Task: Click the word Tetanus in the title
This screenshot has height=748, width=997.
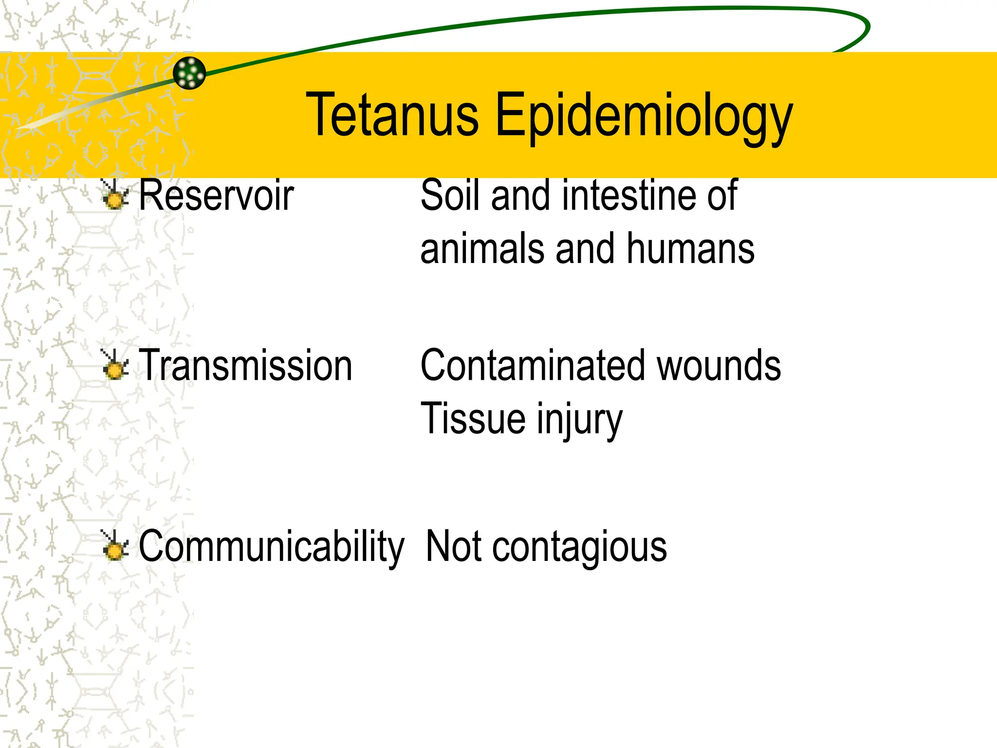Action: coord(392,115)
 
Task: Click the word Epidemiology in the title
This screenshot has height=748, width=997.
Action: coord(644,117)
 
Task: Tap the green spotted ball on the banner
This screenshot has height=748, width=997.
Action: coord(189,73)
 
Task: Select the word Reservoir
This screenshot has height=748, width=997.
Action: coord(216,195)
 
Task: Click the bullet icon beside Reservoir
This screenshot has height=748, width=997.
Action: coord(115,195)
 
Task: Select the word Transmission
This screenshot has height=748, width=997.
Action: coord(245,366)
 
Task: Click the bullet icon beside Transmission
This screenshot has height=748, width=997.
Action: coord(115,366)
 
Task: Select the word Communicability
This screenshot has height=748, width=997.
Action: coord(271,547)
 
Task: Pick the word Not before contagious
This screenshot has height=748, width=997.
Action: coord(454,547)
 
